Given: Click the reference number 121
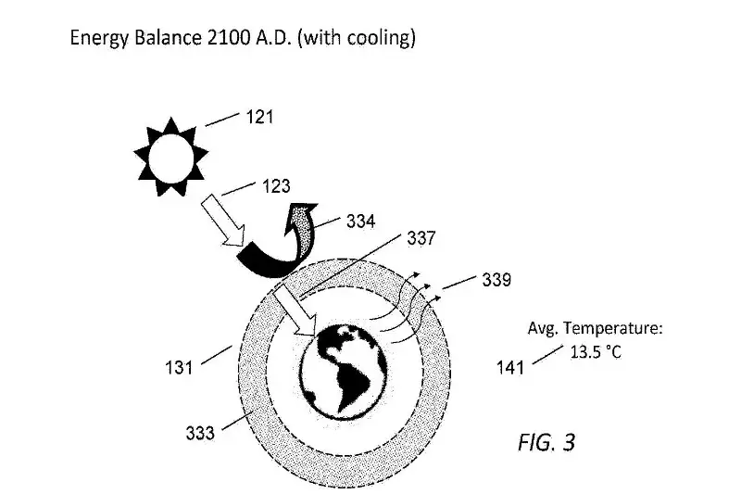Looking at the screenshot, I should (x=260, y=118).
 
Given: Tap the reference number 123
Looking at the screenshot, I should (x=275, y=186).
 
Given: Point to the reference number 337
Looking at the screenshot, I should (x=423, y=238).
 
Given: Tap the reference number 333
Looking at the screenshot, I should (x=201, y=433).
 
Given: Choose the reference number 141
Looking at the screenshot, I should (x=509, y=367).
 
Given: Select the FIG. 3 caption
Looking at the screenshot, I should (x=546, y=443).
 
